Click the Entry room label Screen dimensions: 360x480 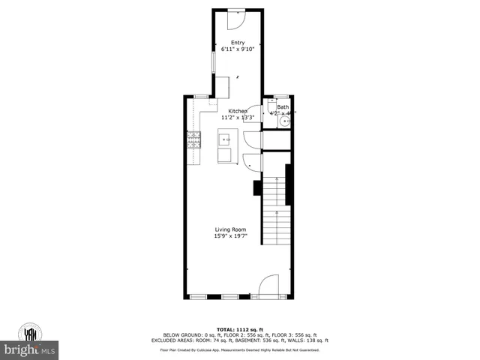pos(238,43)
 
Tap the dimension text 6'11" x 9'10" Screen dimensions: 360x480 pos(238,49)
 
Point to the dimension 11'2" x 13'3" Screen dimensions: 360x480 pos(238,118)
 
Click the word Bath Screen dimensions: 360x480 pos(283,107)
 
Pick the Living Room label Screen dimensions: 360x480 pos(231,229)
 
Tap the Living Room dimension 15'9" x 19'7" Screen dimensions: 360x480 pos(231,236)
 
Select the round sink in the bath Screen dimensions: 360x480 pos(285,119)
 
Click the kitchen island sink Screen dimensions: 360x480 pos(225,138)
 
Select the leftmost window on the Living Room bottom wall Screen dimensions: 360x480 pos(198,297)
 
